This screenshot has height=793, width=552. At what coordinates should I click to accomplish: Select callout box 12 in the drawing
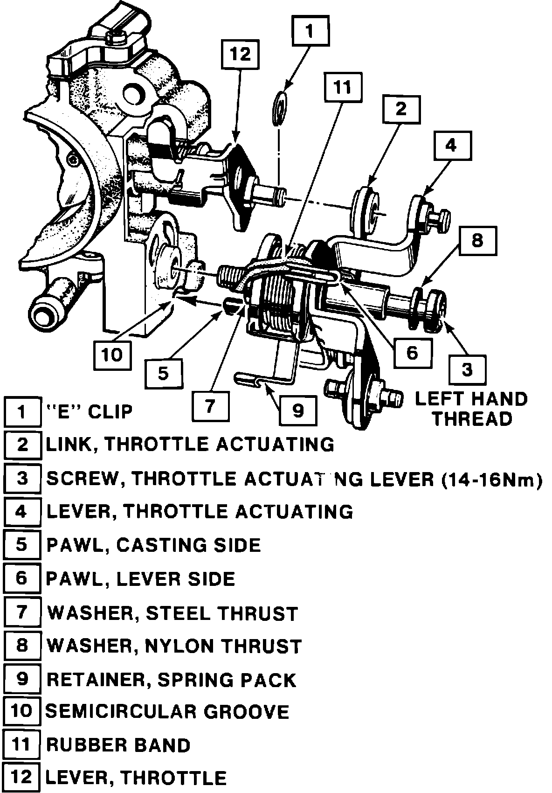click(240, 54)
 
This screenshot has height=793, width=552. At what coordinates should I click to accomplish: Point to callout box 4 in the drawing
click(451, 146)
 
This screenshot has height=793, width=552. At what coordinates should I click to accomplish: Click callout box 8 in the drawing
click(477, 241)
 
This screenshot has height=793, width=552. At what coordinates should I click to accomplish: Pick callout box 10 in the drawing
click(112, 355)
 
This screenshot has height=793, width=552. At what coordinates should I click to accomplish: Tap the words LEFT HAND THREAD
click(471, 409)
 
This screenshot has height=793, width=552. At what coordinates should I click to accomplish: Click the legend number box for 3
click(22, 478)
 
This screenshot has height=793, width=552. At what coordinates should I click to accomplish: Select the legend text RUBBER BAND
click(118, 744)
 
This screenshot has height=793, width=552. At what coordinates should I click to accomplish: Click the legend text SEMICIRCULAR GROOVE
click(167, 711)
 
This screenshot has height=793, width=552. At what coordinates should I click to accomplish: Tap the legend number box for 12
click(22, 778)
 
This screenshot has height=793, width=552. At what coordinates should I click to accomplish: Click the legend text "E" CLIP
click(90, 411)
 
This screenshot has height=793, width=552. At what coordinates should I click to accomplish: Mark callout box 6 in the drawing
click(412, 352)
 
